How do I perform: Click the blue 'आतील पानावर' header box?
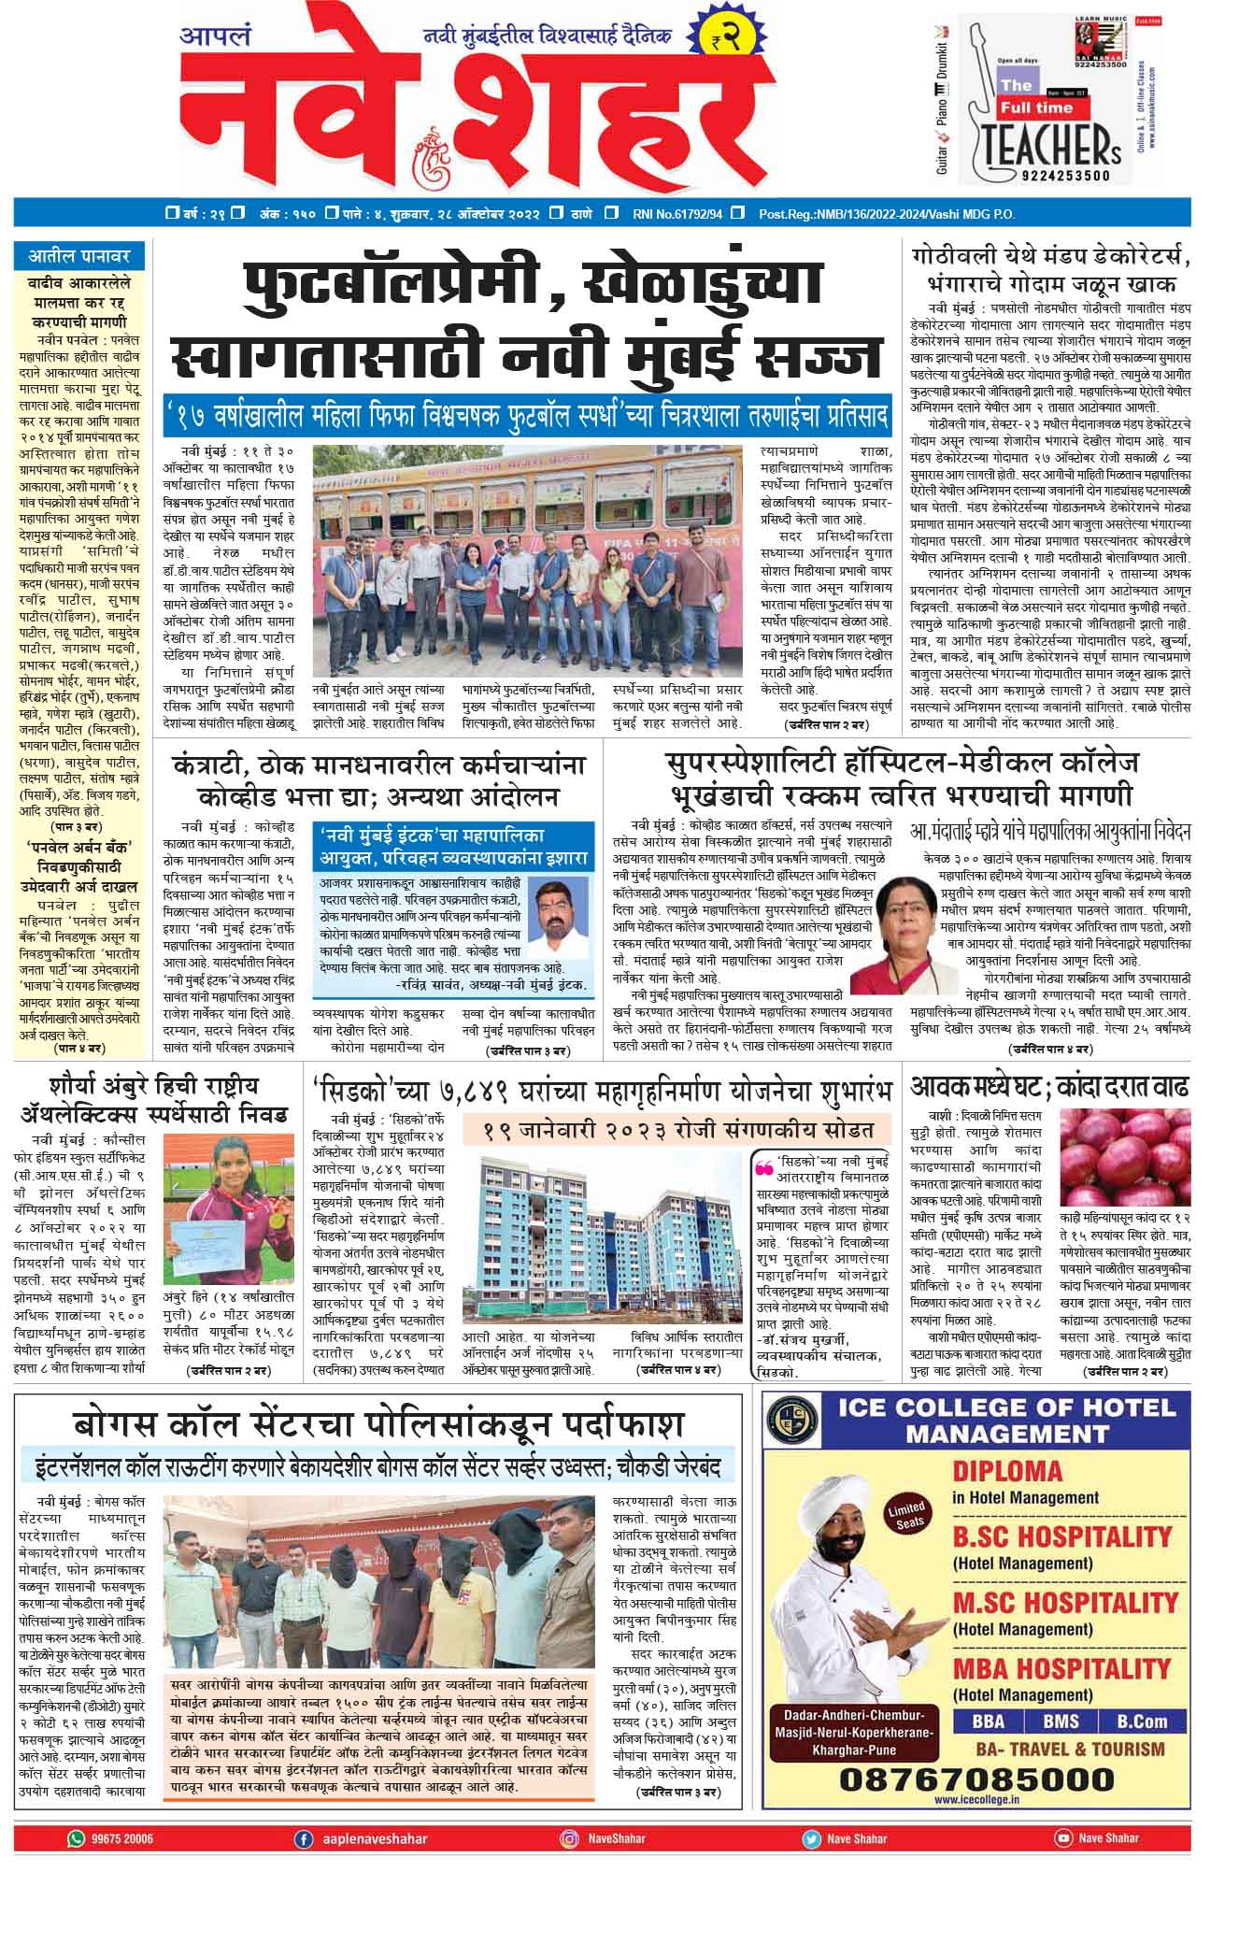coord(79,255)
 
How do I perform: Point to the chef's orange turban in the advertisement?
coord(844,1510)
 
